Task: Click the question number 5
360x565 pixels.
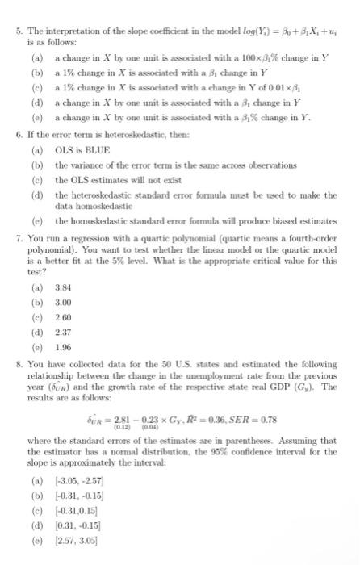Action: pyautogui.click(x=8, y=9)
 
